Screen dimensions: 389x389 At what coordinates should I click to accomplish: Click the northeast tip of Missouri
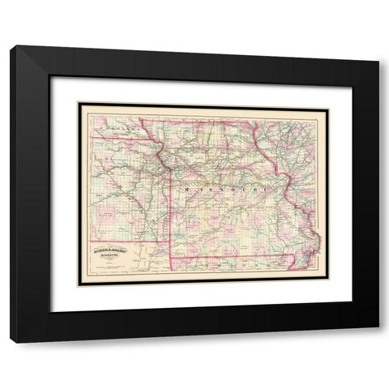pyautogui.click(x=257, y=123)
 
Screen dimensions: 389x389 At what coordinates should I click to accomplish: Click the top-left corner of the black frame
pyautogui.click(x=11, y=47)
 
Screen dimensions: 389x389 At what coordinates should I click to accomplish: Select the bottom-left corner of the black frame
pyautogui.click(x=11, y=342)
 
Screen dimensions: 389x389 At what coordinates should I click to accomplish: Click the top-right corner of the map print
pyautogui.click(x=327, y=103)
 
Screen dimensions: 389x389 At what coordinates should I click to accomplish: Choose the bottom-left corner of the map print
pyautogui.click(x=79, y=284)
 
